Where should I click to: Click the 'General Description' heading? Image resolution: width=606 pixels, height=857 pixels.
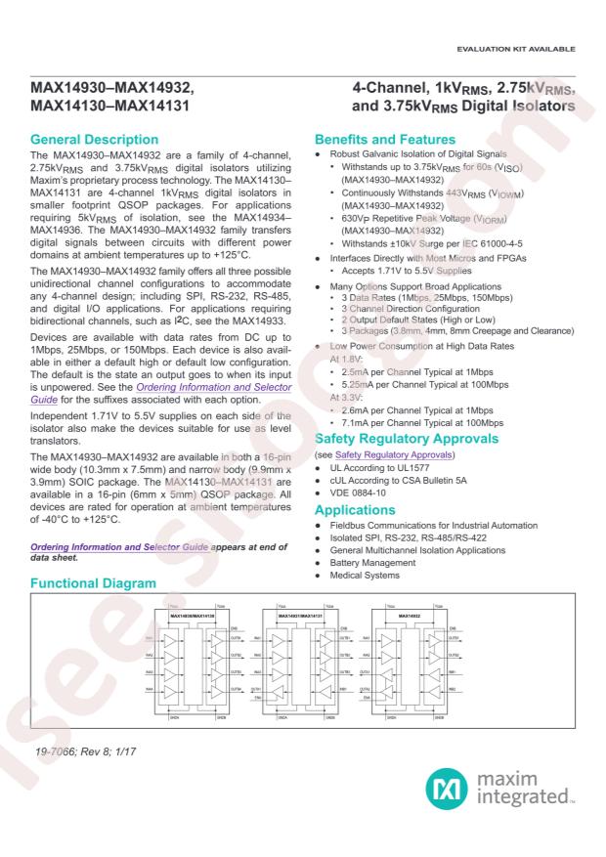pyautogui.click(x=104, y=140)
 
